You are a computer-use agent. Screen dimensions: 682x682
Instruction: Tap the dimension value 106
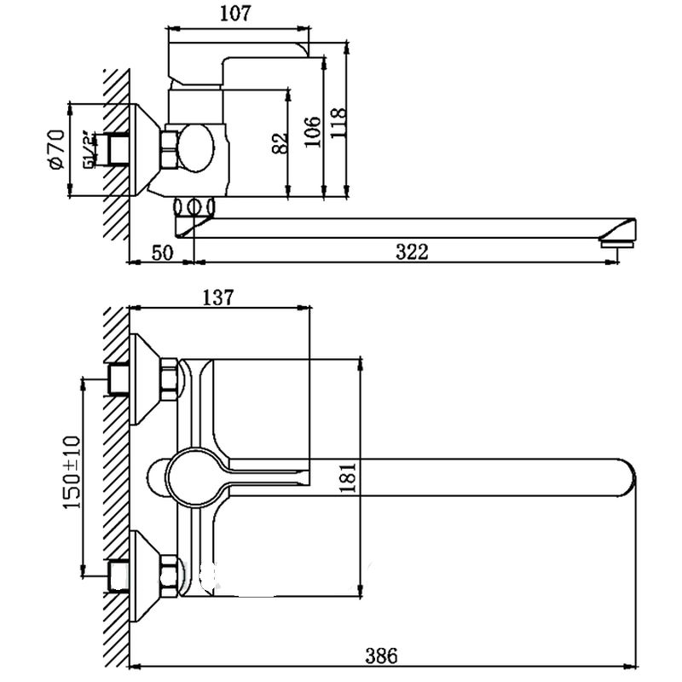click(x=312, y=130)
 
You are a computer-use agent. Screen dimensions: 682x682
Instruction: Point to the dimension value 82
click(x=279, y=143)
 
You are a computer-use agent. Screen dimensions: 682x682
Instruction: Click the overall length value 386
click(x=381, y=656)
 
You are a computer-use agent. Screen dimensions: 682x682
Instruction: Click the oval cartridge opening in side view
click(x=201, y=147)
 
